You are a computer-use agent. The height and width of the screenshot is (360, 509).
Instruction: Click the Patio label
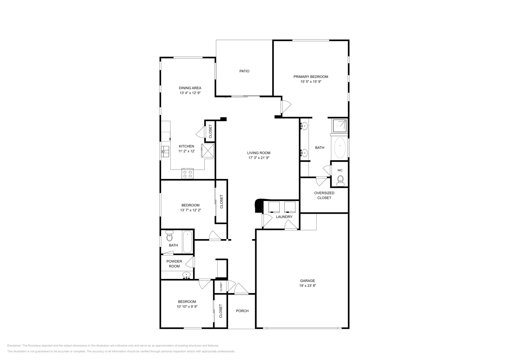244,71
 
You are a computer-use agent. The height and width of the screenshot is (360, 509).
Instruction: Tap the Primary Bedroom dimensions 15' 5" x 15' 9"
310,82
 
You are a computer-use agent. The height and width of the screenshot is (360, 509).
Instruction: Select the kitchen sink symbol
165,151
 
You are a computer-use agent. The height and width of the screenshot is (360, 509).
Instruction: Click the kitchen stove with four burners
187,174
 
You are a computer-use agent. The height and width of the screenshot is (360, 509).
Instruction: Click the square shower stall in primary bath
339,125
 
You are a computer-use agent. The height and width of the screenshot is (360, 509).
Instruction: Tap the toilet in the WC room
340,180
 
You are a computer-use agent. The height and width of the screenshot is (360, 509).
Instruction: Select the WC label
340,170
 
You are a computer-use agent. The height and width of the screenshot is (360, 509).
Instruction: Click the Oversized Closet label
324,195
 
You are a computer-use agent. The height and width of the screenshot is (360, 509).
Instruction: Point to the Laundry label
284,217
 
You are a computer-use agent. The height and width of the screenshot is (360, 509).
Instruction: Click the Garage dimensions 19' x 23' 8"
307,286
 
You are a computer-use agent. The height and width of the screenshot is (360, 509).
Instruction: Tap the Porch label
242,311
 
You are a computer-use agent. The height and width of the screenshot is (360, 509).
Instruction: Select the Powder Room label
174,264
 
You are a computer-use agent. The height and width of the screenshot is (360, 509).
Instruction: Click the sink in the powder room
186,275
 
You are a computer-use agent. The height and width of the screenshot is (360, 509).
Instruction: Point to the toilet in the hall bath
170,237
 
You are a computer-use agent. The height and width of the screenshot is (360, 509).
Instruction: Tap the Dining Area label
190,88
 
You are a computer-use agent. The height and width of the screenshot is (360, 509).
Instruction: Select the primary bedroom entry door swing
285,106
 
